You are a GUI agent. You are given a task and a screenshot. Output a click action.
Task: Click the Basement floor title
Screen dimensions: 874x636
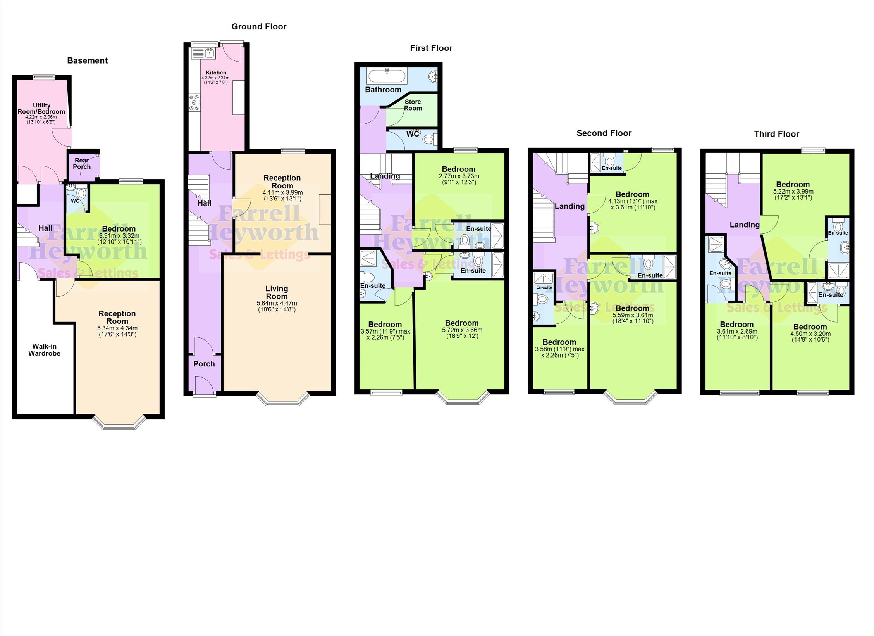[87, 60]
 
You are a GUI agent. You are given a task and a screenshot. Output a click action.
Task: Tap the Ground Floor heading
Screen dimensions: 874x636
[259, 27]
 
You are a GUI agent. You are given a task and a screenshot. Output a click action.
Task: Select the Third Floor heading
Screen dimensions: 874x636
[776, 134]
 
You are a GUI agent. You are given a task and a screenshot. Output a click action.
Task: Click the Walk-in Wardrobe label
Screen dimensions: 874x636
[44, 350]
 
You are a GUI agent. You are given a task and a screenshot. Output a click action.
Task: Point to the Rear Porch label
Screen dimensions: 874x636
[82, 163]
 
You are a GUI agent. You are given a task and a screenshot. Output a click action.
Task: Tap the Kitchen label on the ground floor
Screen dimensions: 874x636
[216, 73]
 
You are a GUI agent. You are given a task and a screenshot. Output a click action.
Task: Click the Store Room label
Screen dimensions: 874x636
[413, 105]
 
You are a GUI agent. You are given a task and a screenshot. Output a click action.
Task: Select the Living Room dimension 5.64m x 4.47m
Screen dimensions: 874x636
[277, 303]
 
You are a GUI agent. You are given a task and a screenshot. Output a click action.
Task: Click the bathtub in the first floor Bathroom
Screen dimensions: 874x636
[387, 76]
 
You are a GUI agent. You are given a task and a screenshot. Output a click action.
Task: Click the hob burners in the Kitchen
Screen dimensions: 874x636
[194, 102]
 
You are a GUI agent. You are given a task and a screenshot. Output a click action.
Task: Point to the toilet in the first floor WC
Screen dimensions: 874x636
[430, 139]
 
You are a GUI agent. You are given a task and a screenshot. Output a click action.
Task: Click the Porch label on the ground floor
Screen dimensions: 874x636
[204, 364]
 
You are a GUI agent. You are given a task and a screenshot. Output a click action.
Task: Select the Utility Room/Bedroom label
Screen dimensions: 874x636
[41, 108]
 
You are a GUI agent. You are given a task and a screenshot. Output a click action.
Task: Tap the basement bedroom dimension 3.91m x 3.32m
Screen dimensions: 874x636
[119, 236]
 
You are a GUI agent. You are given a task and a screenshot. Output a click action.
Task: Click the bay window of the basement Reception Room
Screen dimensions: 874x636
[119, 423]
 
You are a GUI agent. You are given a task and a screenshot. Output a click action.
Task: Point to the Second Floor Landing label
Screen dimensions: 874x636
[569, 206]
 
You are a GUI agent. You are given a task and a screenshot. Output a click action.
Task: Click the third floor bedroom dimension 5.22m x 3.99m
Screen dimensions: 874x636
[793, 192]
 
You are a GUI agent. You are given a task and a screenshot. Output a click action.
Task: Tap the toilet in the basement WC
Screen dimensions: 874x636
[81, 193]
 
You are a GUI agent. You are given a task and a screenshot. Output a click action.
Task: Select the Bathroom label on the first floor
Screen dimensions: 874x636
[383, 90]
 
